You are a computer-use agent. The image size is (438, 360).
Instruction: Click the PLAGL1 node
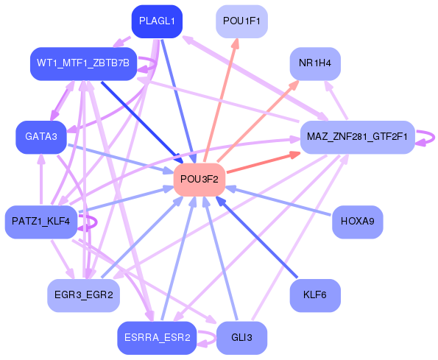coord(157,21)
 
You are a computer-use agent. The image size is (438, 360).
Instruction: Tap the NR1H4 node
coord(315,64)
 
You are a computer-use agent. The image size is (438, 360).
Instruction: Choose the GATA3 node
coord(41,137)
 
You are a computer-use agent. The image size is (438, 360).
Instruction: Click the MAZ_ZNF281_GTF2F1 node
coord(357,137)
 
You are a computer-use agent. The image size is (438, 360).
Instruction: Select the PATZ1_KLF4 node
coord(41,221)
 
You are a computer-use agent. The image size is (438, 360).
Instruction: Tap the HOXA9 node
coord(358,221)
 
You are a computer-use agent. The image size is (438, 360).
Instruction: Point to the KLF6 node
coord(315,294)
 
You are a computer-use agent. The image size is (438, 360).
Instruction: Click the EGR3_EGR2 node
coord(83,294)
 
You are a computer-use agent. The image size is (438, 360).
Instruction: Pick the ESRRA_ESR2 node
coord(157,337)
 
